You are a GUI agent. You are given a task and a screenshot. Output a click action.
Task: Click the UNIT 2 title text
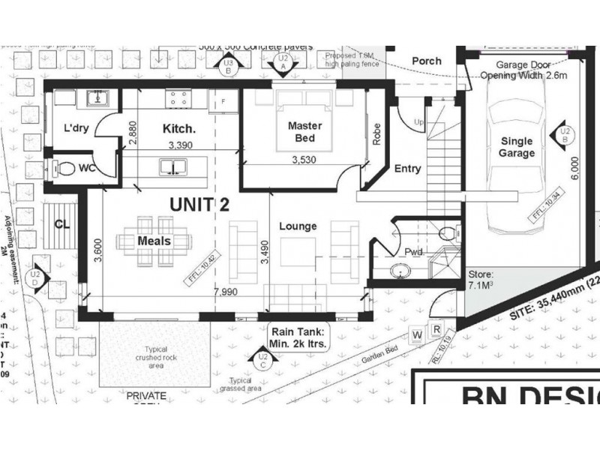coord(199,203)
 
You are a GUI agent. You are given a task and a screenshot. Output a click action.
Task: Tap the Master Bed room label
coord(304,132)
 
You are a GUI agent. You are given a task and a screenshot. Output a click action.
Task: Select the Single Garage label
coord(517,147)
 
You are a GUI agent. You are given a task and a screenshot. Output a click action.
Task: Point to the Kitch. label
coord(179,129)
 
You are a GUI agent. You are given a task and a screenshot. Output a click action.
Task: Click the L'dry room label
coord(76,128)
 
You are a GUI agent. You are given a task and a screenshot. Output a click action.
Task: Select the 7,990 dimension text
coord(226,291)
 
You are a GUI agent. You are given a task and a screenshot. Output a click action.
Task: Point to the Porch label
coord(426,61)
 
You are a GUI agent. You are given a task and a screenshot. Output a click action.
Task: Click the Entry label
coord(407,169)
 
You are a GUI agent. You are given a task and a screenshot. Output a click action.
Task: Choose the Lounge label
coord(298,226)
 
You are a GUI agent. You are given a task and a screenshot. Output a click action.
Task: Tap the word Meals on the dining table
coord(154,241)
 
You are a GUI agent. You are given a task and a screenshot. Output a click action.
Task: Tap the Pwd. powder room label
coord(414,252)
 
